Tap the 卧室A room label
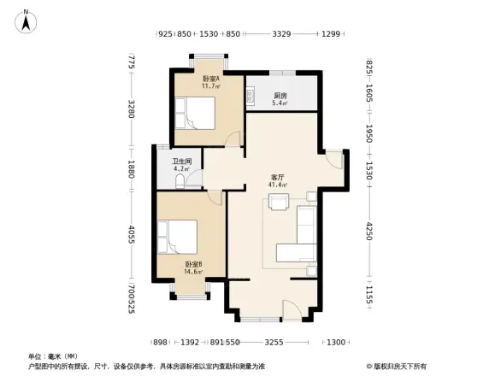pyautogui.click(x=210, y=79)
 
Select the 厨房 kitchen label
pyautogui.click(x=280, y=96)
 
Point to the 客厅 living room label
pyautogui.click(x=278, y=177)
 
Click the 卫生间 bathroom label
pyautogui.click(x=181, y=162)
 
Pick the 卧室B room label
pyautogui.click(x=193, y=265)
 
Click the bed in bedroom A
pyautogui.click(x=196, y=112)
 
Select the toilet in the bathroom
pyautogui.click(x=192, y=180)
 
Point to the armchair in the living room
pyautogui.click(x=279, y=202)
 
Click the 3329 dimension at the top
pyautogui.click(x=281, y=34)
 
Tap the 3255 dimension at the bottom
pyautogui.click(x=274, y=342)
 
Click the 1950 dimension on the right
pyautogui.click(x=370, y=134)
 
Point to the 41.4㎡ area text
pyautogui.click(x=278, y=185)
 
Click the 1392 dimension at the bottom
pyautogui.click(x=190, y=342)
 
